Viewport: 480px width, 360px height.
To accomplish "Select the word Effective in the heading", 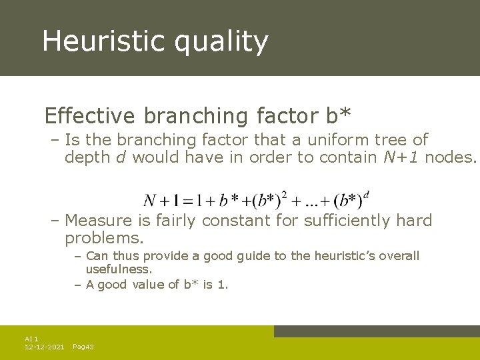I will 89,116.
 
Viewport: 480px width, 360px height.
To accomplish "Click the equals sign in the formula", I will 189,201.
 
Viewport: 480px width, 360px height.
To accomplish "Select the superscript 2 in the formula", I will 284,195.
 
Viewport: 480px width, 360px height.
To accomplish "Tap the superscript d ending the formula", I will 367,195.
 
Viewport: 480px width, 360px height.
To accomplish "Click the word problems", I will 104,238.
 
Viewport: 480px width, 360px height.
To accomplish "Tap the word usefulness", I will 119,269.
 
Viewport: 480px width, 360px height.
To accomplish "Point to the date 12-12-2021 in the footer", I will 44,347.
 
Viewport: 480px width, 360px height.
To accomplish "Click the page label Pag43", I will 83,347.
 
